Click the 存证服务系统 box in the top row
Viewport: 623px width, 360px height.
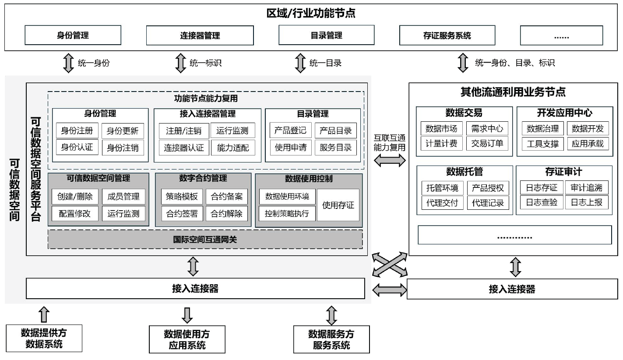tap(447, 35)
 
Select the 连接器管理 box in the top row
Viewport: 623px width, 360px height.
tap(200, 35)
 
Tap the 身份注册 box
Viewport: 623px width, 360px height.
tap(77, 131)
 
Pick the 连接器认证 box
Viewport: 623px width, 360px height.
tap(184, 148)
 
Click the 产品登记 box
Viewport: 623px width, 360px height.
tap(291, 131)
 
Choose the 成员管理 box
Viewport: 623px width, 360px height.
tap(123, 197)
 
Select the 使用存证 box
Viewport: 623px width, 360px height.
tap(338, 205)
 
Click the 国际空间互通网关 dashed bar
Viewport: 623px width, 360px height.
tap(205, 239)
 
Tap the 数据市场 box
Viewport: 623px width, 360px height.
tap(441, 129)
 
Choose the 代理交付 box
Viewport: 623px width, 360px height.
tap(442, 203)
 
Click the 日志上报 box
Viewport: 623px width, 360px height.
tap(586, 202)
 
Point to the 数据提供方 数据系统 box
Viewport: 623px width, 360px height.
tap(44, 338)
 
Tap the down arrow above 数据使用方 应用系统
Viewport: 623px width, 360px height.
tap(187, 315)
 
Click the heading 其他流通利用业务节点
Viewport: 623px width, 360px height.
tap(513, 92)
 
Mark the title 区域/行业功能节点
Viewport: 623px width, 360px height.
tap(311, 13)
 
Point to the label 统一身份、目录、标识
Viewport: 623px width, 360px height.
tap(515, 63)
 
